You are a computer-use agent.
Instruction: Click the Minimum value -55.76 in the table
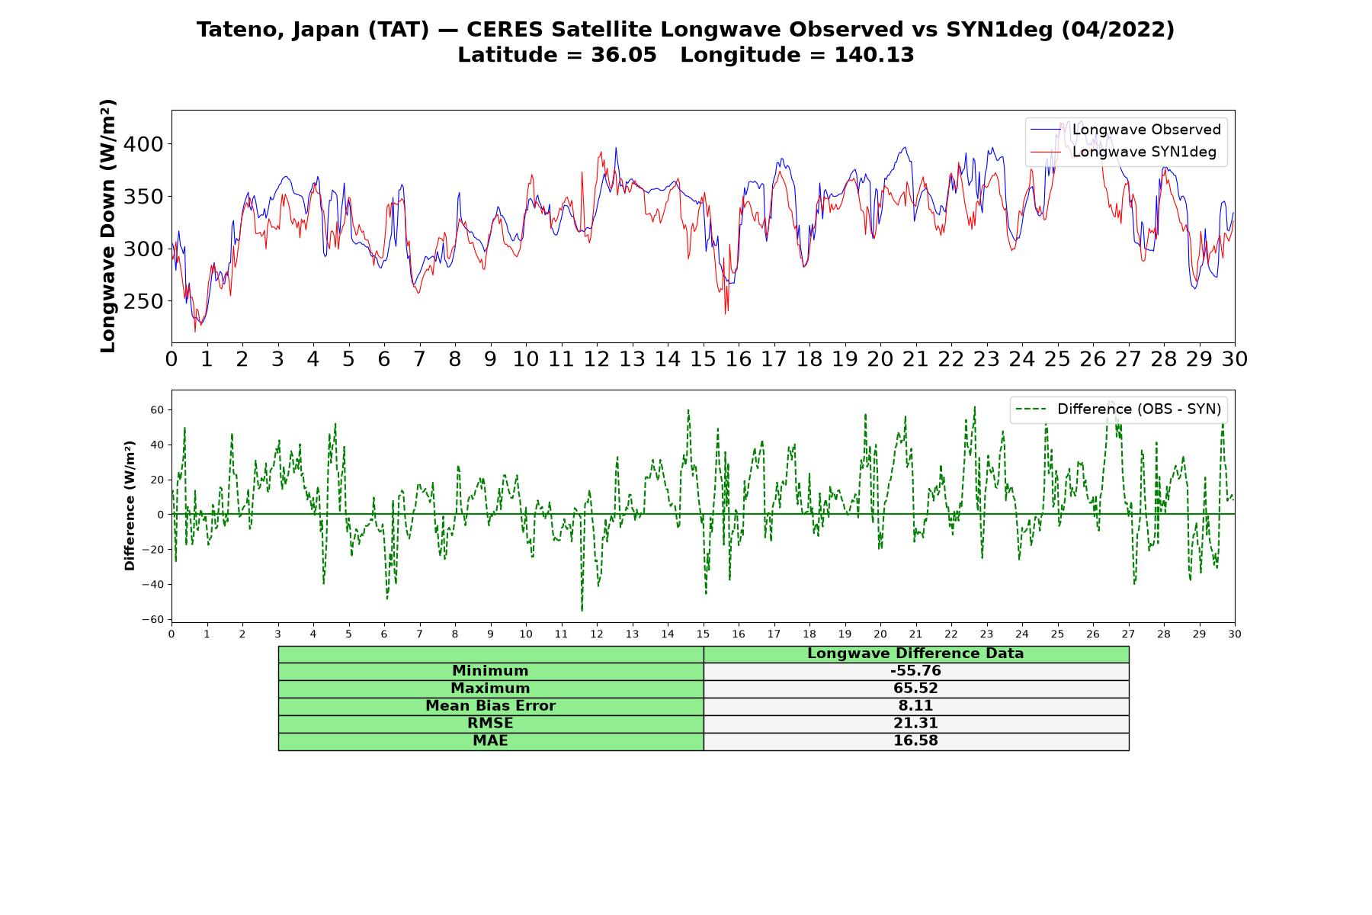(x=915, y=671)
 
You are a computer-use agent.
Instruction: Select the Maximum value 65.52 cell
(x=915, y=689)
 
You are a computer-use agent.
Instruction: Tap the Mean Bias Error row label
(x=490, y=706)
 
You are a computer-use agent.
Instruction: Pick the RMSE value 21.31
(x=915, y=724)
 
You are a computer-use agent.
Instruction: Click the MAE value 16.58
(x=915, y=741)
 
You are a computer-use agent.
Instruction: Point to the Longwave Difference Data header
(x=915, y=653)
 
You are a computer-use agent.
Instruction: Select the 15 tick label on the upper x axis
(x=703, y=359)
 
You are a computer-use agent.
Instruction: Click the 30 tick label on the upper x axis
(x=1235, y=359)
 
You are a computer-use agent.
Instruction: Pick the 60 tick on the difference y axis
(x=157, y=410)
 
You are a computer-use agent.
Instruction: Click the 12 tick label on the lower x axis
(x=596, y=634)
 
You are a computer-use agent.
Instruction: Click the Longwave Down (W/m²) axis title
(x=107, y=226)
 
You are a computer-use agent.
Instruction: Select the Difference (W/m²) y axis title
(x=130, y=506)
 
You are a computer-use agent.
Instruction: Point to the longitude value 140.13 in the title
(x=874, y=56)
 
